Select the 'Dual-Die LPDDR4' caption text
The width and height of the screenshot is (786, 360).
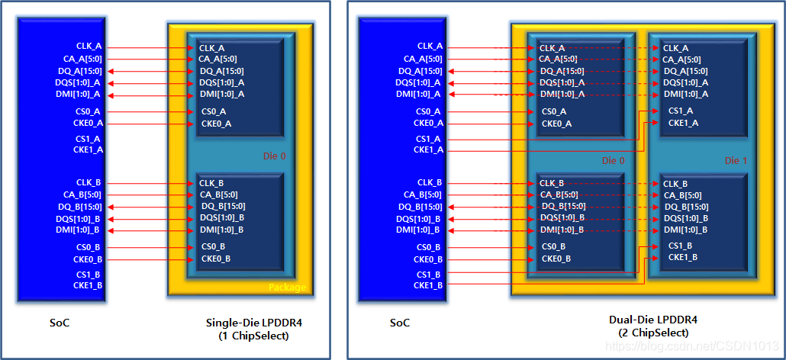[x=652, y=320]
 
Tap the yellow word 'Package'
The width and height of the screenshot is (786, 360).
[x=287, y=288]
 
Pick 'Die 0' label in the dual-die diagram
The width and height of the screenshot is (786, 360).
[x=614, y=161]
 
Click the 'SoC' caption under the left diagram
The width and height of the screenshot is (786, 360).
[x=61, y=323]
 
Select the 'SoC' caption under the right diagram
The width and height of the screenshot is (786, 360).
[x=400, y=323]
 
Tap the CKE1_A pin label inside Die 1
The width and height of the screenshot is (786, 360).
[x=683, y=123]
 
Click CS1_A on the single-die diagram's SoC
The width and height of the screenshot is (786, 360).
[x=88, y=138]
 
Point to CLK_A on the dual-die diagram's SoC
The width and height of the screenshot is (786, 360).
[x=428, y=47]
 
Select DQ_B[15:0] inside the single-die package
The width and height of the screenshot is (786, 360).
[x=223, y=206]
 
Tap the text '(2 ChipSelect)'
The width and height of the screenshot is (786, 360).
[x=652, y=333]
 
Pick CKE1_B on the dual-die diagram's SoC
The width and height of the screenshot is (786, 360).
[x=428, y=285]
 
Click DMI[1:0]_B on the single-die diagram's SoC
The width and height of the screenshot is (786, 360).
[x=78, y=230]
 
